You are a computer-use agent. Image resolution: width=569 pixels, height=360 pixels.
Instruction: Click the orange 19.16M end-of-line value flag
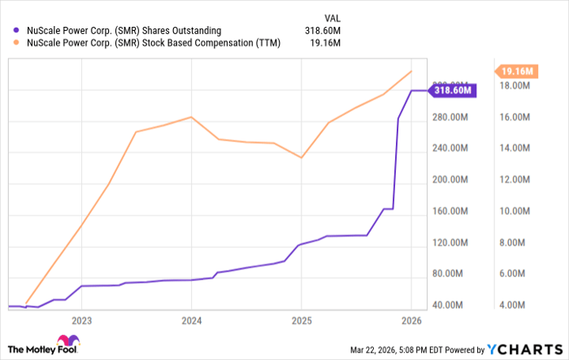pyautogui.click(x=517, y=71)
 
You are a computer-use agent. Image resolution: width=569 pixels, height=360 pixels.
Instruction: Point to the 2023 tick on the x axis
pyautogui.click(x=81, y=320)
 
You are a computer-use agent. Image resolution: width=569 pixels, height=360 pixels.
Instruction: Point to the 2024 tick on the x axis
pyautogui.click(x=191, y=320)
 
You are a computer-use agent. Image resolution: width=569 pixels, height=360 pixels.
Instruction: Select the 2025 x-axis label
pyautogui.click(x=301, y=320)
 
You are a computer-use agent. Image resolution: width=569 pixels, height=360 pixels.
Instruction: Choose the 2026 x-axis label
pyautogui.click(x=410, y=320)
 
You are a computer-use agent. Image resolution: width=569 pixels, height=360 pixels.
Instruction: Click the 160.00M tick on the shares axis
pyautogui.click(x=448, y=211)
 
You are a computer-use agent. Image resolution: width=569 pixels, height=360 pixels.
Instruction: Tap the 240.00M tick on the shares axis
pyautogui.click(x=448, y=149)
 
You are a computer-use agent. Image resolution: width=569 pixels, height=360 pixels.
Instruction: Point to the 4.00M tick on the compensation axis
pyautogui.click(x=515, y=306)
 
